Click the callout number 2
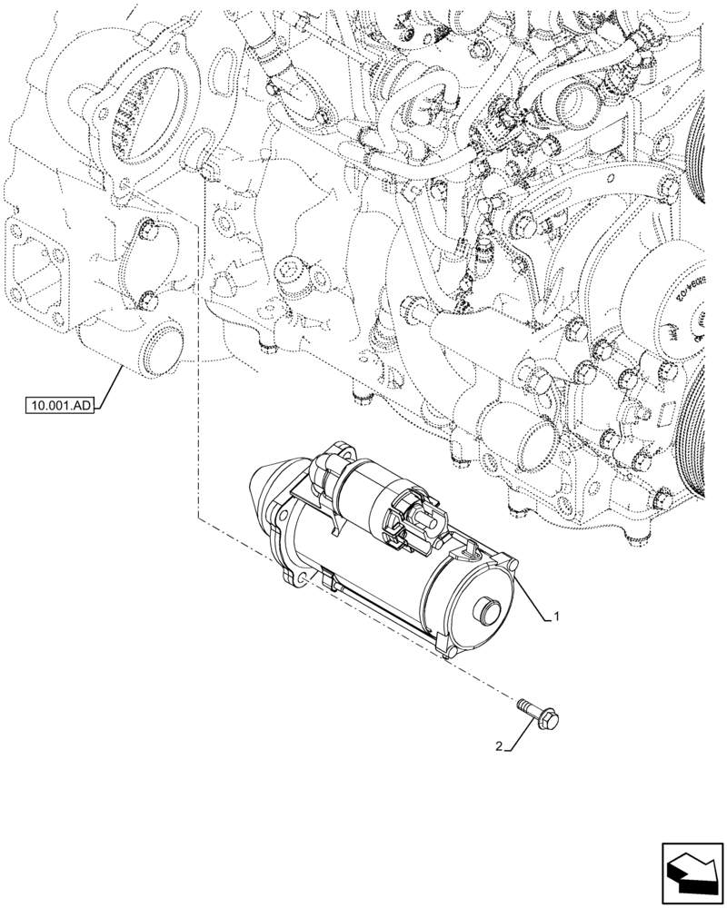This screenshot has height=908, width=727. [497, 746]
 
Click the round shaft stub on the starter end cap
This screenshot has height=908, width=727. [489, 614]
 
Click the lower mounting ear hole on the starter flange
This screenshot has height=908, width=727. [296, 577]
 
